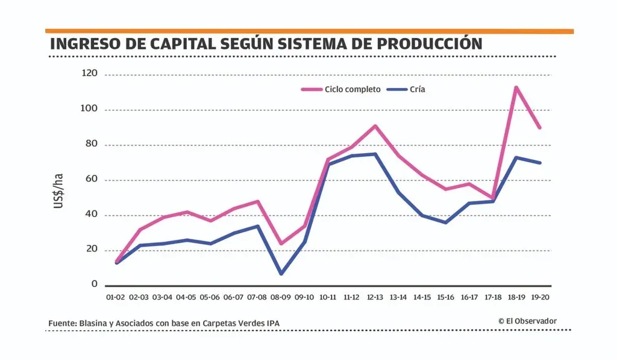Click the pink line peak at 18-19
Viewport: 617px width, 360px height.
[516, 87]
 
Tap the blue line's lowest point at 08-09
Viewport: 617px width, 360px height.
[281, 274]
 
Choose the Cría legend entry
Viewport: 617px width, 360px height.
[418, 89]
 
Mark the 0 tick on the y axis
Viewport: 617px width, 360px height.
[94, 283]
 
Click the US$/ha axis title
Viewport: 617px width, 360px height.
[58, 191]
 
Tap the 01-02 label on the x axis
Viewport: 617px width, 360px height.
[115, 297]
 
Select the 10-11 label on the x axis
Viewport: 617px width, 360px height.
[328, 297]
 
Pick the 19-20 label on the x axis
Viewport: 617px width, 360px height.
[540, 297]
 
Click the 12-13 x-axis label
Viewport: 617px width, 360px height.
[375, 297]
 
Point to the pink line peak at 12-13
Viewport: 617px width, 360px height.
[375, 126]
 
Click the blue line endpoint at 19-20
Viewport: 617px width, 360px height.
[540, 163]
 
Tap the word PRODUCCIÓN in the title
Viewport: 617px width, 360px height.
[415, 44]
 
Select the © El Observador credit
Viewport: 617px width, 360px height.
[528, 321]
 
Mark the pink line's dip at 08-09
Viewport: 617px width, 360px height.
[281, 244]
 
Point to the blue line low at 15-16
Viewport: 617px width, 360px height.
[445, 223]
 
